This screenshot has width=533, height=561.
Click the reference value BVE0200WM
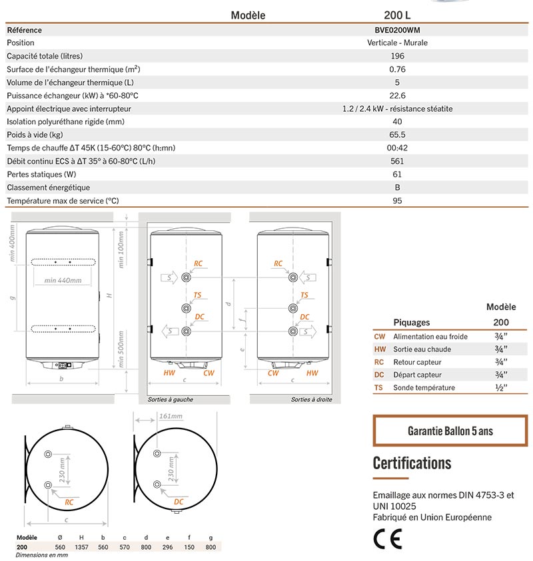coord(397,30)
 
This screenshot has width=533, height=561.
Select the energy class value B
coord(397,188)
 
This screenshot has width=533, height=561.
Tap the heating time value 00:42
coord(397,148)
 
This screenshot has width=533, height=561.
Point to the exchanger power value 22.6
coord(397,96)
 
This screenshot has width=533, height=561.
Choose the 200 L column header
coord(397,15)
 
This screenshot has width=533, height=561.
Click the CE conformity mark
coord(387,538)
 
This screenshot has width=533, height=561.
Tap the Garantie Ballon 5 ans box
coord(450,431)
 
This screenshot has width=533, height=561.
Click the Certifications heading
coord(412,463)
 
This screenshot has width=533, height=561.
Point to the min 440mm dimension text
coord(63,280)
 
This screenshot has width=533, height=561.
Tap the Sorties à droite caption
coord(311,399)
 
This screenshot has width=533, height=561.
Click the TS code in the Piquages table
coord(378,387)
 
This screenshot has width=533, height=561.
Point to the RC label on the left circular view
coord(69,502)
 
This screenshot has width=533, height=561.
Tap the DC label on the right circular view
coord(179,501)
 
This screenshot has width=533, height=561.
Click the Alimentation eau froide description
coord(430,337)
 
